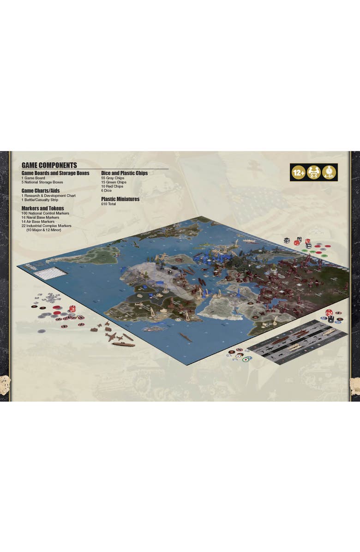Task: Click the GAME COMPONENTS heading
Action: pyautogui.click(x=49, y=165)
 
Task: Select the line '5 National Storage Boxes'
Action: pyautogui.click(x=42, y=182)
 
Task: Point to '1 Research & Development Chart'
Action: pyautogui.click(x=48, y=195)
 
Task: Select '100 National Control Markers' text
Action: pyautogui.click(x=45, y=213)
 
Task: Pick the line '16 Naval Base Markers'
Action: pyautogui.click(x=41, y=217)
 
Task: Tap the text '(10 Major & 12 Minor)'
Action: pyautogui.click(x=44, y=230)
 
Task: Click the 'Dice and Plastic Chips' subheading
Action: pyautogui.click(x=124, y=173)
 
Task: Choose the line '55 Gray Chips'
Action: pyautogui.click(x=113, y=178)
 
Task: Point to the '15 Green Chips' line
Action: pyautogui.click(x=114, y=182)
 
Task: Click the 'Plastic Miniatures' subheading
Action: pyautogui.click(x=120, y=199)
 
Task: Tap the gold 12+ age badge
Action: pyautogui.click(x=298, y=172)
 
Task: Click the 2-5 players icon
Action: pyautogui.click(x=314, y=172)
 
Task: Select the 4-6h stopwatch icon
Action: pyautogui.click(x=329, y=172)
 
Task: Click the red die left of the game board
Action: pyautogui.click(x=72, y=309)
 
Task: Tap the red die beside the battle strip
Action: pyautogui.click(x=329, y=313)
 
